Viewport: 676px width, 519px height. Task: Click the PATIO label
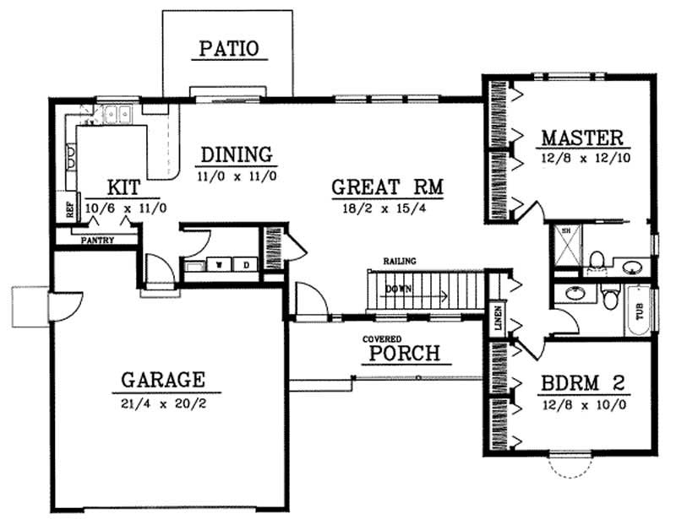(227, 48)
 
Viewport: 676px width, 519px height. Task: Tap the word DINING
(237, 155)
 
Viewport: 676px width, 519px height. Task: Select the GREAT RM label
(388, 187)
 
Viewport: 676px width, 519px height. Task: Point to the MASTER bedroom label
(582, 138)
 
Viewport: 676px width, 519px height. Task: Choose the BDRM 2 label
(582, 382)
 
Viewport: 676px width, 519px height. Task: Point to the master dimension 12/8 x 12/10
(582, 157)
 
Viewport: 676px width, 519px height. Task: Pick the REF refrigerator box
(71, 208)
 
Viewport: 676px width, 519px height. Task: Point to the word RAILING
(399, 261)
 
